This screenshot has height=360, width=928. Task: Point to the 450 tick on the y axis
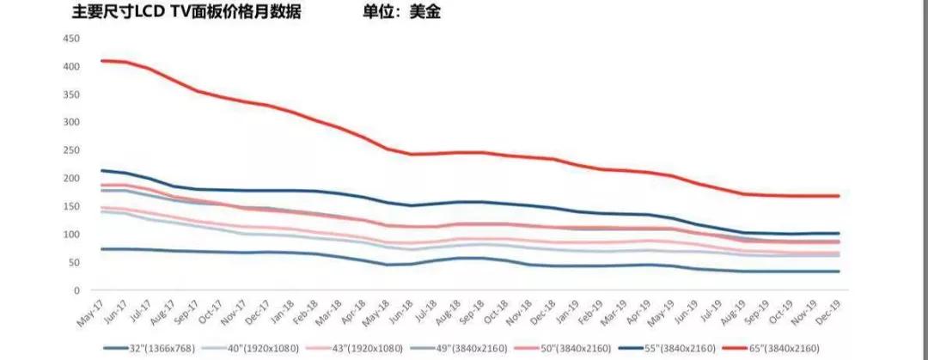coord(72,39)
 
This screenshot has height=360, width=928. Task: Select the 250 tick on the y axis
coord(72,150)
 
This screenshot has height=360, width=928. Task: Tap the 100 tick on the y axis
coord(72,235)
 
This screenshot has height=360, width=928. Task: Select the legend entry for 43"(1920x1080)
coord(360,347)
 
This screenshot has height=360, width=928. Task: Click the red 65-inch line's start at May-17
coord(101,60)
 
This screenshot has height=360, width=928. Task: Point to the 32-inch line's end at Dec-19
coord(839,272)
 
